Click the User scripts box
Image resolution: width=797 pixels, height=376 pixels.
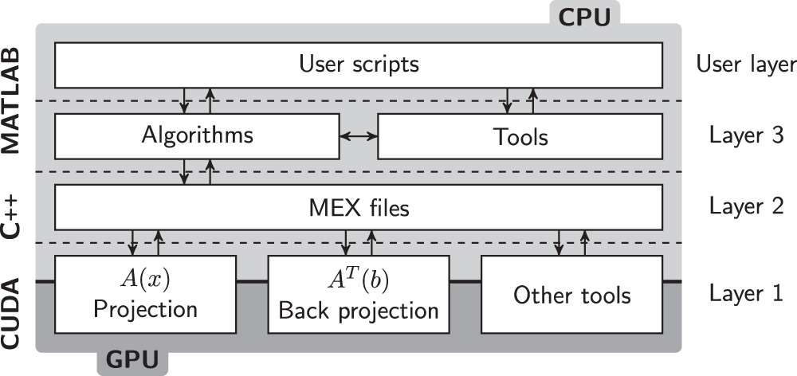[358, 64]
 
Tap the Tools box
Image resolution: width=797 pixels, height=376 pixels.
[520, 136]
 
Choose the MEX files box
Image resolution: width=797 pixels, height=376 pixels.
[358, 209]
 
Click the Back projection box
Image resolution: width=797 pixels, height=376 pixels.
[359, 295]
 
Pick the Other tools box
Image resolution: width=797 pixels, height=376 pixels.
[571, 295]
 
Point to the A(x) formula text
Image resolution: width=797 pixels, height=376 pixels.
[145, 279]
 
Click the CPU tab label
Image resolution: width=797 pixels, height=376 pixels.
[584, 16]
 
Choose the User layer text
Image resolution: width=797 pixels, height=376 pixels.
[745, 64]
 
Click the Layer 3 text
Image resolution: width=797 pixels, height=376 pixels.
[745, 136]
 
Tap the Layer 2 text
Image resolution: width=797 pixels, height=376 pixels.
[745, 209]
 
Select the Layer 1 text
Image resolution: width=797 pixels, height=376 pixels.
[745, 295]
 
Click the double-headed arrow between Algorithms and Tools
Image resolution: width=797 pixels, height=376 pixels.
[359, 136]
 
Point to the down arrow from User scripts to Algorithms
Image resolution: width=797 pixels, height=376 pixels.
[185, 100]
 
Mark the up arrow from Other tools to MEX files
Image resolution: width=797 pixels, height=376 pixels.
[585, 242]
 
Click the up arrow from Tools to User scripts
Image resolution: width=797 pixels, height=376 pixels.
[532, 100]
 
